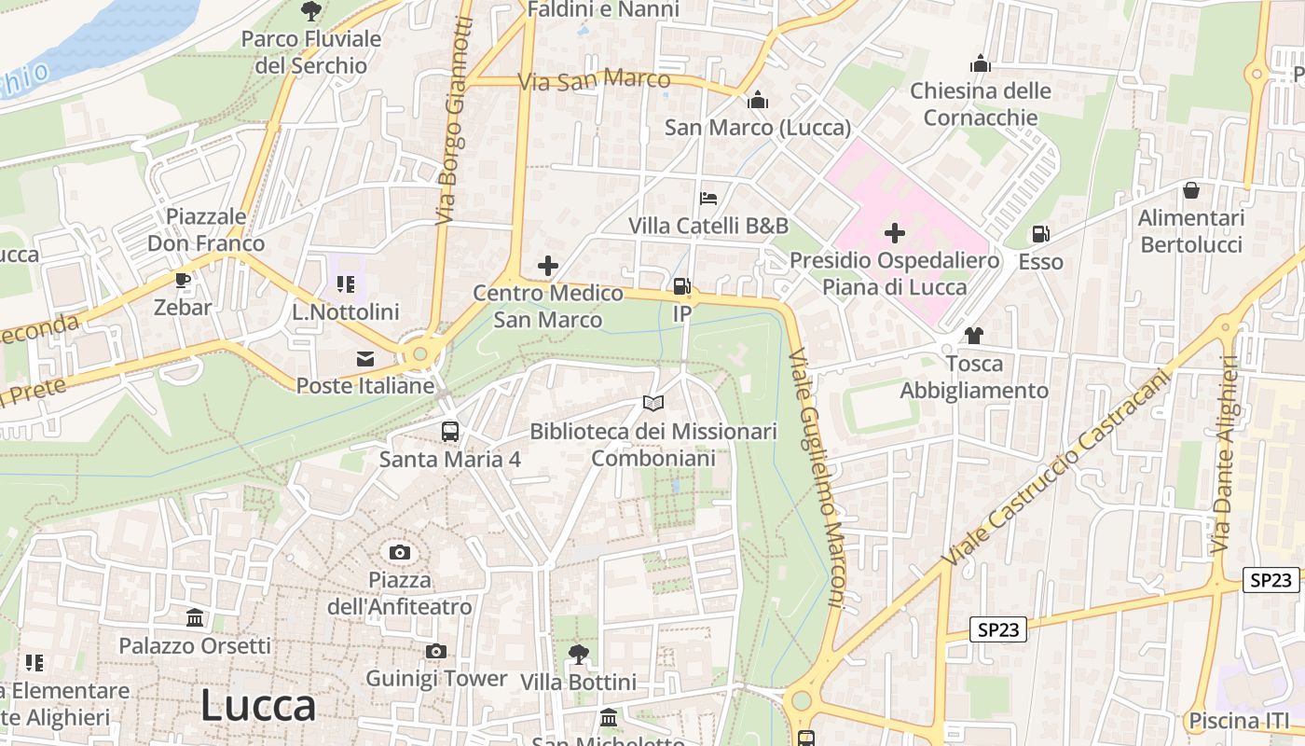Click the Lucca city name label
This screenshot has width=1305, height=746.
[x=258, y=706]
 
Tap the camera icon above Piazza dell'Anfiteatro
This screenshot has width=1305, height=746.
[x=400, y=552]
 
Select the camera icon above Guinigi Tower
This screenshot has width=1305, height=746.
[x=435, y=651]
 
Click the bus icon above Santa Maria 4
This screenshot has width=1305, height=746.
[x=450, y=431]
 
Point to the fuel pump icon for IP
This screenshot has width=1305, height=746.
[x=682, y=286]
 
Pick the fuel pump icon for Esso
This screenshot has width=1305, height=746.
[x=1040, y=234]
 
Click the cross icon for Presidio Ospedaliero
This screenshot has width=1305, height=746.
[x=895, y=232]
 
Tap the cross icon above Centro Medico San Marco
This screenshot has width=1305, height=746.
[x=547, y=266]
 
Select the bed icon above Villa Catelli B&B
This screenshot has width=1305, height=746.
[x=708, y=198]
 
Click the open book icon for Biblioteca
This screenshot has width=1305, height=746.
[x=653, y=403]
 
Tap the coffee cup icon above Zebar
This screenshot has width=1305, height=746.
[x=183, y=279]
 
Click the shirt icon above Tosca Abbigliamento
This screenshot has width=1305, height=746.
[x=974, y=335]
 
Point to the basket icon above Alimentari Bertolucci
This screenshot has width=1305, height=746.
[x=1191, y=190]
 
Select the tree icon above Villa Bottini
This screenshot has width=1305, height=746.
[x=578, y=654]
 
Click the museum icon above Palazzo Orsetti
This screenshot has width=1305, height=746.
[x=195, y=617]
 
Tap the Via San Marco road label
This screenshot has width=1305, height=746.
[x=594, y=80]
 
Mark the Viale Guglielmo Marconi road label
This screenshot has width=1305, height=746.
[x=816, y=479]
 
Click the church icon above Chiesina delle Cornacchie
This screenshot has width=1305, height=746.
[x=981, y=63]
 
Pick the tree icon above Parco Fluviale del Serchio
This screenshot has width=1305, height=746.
[x=311, y=11]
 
